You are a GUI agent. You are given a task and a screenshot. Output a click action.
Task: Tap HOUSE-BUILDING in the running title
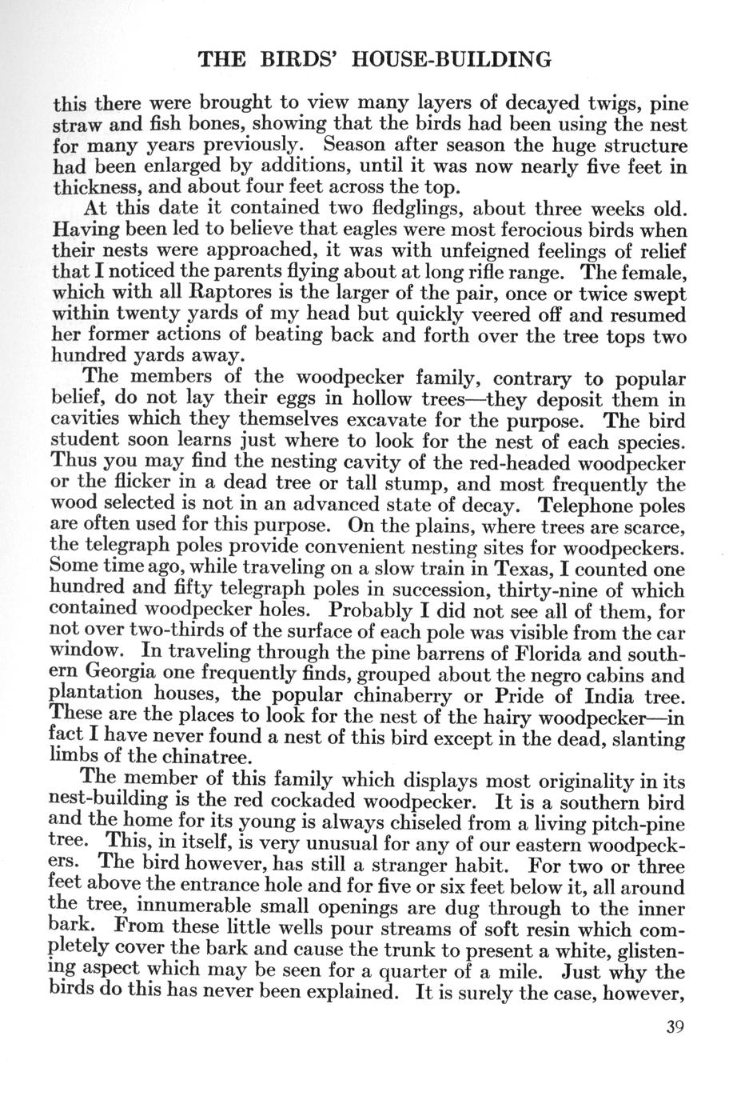[452, 59]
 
